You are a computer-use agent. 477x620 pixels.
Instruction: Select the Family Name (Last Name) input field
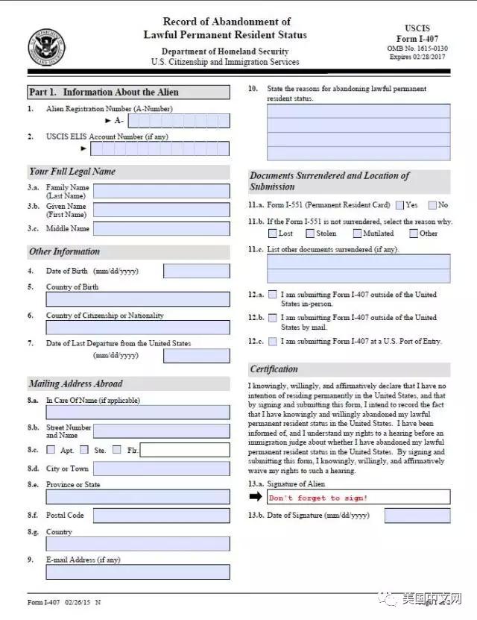(161, 191)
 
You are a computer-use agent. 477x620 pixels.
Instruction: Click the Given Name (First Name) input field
(161, 210)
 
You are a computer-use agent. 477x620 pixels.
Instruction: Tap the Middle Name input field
(161, 228)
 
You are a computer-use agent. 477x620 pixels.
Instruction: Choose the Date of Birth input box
(196, 271)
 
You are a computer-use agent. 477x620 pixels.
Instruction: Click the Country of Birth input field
(138, 299)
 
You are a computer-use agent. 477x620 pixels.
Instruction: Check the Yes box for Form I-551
(400, 205)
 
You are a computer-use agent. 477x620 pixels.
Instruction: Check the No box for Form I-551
(432, 205)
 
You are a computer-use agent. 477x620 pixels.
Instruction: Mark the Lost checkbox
(273, 234)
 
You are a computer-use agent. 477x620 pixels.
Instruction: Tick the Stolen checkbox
(309, 234)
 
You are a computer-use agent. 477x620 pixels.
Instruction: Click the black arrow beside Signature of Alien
(256, 497)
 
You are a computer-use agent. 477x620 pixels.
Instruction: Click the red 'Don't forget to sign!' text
(318, 498)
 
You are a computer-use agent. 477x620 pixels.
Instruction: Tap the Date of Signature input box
(417, 516)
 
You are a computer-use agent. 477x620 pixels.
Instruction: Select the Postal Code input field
(161, 516)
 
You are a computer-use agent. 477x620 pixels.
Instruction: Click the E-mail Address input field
(138, 572)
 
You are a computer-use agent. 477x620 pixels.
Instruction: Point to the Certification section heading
(274, 369)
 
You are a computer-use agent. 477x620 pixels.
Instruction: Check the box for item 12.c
(273, 341)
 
